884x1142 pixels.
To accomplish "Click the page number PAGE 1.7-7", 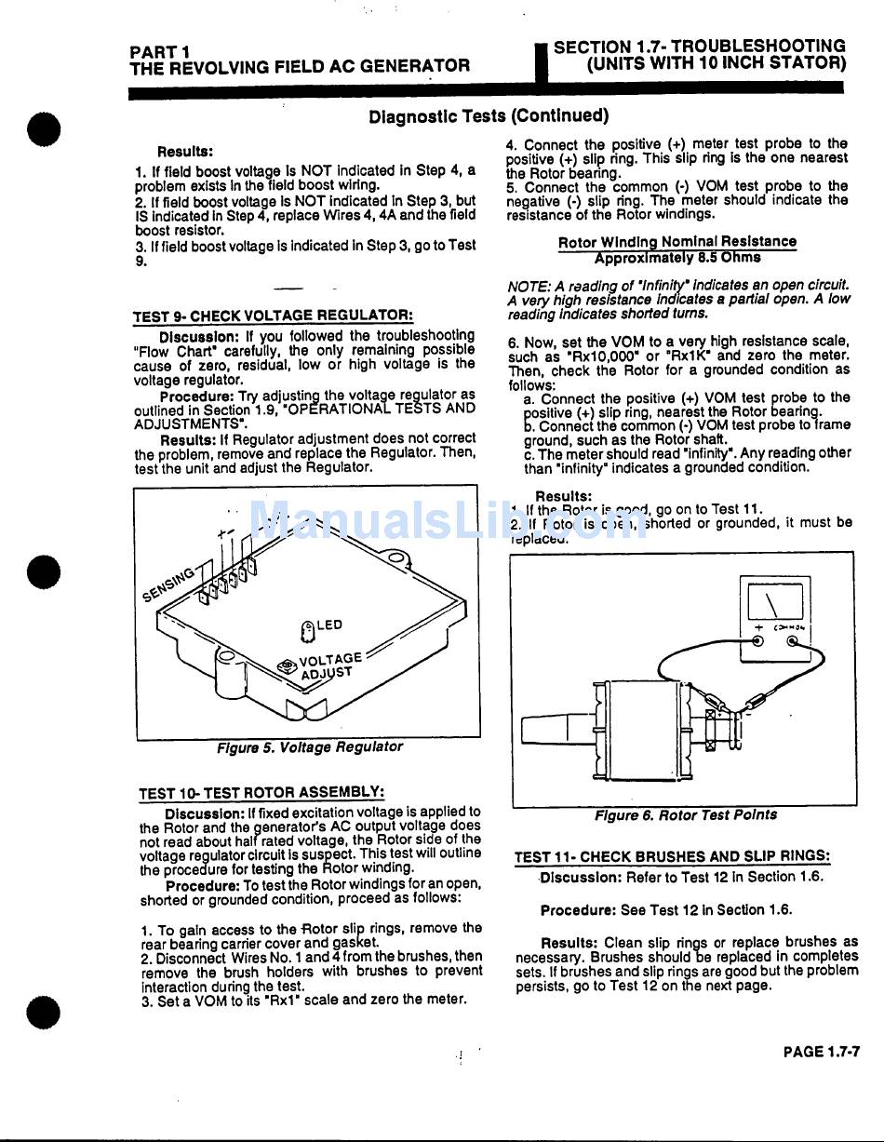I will point(821,1052).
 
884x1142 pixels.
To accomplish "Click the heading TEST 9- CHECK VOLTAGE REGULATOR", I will point(273,316).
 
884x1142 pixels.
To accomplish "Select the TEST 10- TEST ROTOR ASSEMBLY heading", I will point(261,793).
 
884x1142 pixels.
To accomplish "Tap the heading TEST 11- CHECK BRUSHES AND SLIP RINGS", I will point(672,857).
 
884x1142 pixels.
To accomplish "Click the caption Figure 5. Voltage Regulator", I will point(310,747).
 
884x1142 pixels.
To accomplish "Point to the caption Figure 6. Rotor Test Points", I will point(686,815).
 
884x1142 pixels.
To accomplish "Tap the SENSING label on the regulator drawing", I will point(170,584).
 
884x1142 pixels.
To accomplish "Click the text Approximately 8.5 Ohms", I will point(677,258).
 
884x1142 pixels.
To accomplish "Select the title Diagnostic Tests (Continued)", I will point(489,116).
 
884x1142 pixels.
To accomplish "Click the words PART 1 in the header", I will point(160,51).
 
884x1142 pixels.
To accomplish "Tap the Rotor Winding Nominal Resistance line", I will point(677,242).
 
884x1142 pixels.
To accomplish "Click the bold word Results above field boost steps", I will point(185,152).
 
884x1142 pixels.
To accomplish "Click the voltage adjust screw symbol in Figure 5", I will point(287,666).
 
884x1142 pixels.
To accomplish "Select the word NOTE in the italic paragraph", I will point(527,286).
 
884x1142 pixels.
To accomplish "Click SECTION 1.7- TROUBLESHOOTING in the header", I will point(699,47).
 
